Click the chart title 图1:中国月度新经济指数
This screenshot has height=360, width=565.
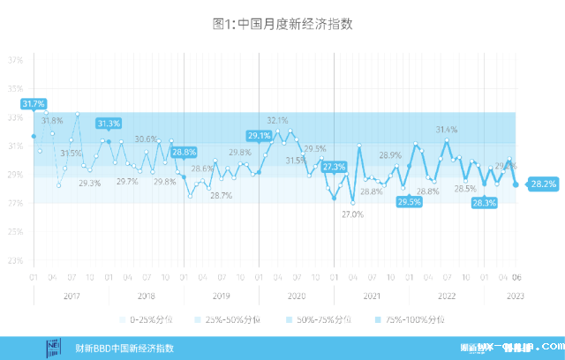pos(282,25)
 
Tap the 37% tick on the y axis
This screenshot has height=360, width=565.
pos(16,61)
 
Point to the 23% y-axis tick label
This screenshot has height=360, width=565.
pos(16,260)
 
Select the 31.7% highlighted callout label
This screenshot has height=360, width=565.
pos(34,104)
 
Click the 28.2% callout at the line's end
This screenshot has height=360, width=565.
pos(542,184)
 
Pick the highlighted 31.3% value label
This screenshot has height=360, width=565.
pos(109,124)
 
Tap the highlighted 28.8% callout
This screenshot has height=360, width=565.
pos(184,152)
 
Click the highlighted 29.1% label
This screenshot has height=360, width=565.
pos(259,136)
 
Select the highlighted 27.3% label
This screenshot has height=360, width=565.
pos(334,167)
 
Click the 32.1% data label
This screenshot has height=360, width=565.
pos(277,120)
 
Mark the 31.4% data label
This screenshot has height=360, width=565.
pos(447,130)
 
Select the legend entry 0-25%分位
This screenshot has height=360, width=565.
pos(151,319)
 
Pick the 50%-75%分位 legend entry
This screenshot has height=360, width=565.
pos(323,319)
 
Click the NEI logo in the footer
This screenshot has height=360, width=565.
pos(54,348)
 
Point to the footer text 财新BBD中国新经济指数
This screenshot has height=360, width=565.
pos(124,349)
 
